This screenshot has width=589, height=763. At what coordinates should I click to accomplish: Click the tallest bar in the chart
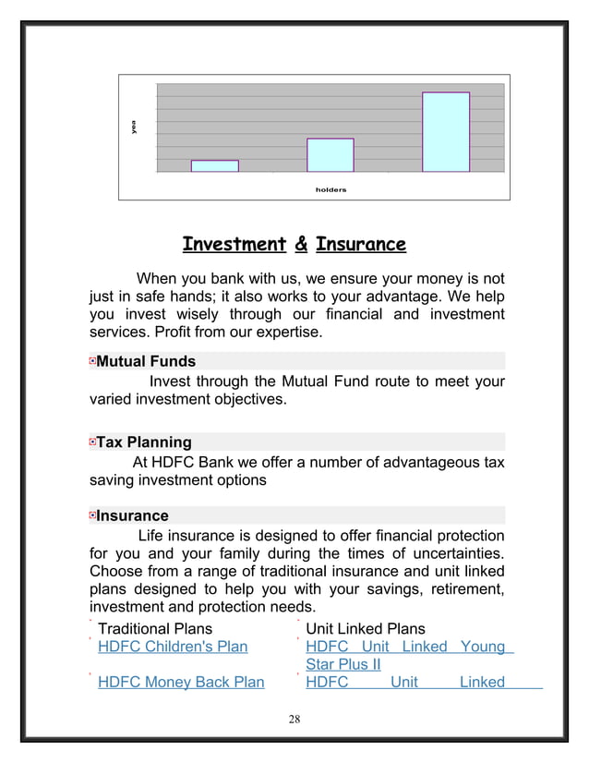(x=446, y=132)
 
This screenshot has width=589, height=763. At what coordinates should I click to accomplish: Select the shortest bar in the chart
(x=214, y=166)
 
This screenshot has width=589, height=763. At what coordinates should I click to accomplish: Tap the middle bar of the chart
(x=331, y=155)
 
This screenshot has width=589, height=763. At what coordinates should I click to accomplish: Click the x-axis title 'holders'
(x=331, y=189)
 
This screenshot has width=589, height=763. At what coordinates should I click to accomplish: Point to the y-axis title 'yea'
(x=134, y=127)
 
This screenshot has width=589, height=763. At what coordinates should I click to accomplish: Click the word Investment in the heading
(x=234, y=245)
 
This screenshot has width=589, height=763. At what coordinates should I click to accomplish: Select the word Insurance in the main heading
(x=360, y=245)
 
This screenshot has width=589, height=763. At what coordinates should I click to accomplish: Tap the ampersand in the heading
(x=300, y=245)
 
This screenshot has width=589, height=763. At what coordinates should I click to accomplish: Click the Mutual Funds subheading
(x=146, y=361)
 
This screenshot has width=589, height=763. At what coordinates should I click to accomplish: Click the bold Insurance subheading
(x=133, y=515)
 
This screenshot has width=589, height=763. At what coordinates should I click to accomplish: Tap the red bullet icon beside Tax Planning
(x=92, y=442)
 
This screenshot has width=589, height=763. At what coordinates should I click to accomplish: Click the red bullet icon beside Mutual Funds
(x=92, y=361)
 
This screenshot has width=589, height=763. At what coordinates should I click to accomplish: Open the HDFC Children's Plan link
(x=173, y=647)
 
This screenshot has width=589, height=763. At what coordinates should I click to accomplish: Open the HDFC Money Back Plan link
(x=181, y=683)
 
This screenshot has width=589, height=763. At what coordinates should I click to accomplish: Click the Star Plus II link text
(x=343, y=665)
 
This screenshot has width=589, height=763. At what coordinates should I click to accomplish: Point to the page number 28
(x=294, y=720)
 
